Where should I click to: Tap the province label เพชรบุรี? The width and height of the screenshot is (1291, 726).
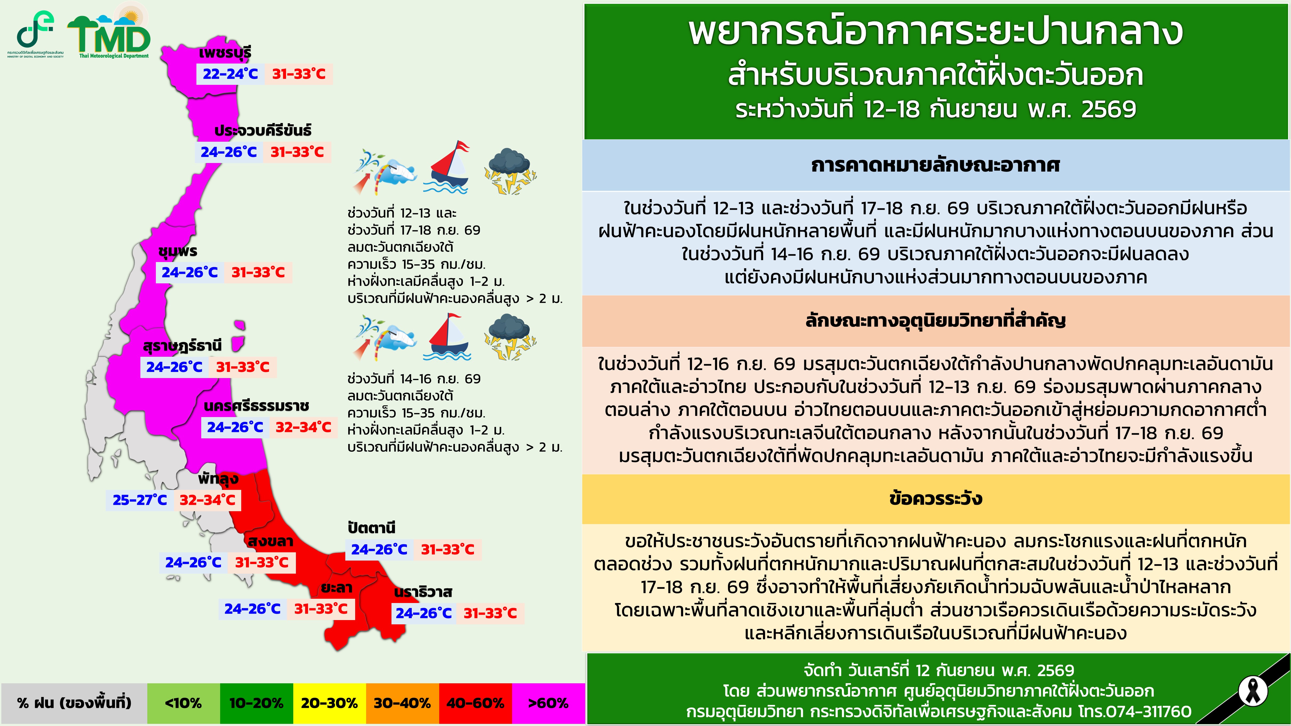pyautogui.click(x=225, y=52)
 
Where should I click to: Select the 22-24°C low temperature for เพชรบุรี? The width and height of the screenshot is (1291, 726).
pyautogui.click(x=230, y=74)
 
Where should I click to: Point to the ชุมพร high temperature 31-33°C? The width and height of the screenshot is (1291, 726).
pyautogui.click(x=258, y=273)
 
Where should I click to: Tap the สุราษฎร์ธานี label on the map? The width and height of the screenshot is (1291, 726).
pyautogui.click(x=183, y=346)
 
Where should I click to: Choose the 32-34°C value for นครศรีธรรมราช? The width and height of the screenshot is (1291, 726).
pyautogui.click(x=303, y=427)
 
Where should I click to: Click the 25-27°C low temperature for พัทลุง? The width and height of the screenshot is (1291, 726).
pyautogui.click(x=140, y=500)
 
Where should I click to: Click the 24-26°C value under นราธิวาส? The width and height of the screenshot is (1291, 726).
pyautogui.click(x=424, y=613)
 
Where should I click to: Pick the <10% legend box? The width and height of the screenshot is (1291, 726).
pyautogui.click(x=183, y=703)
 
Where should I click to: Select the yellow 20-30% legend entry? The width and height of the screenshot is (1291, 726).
pyautogui.click(x=329, y=703)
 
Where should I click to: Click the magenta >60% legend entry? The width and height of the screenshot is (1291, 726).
pyautogui.click(x=548, y=703)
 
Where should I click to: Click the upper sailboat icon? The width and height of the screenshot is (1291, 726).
pyautogui.click(x=448, y=168)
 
